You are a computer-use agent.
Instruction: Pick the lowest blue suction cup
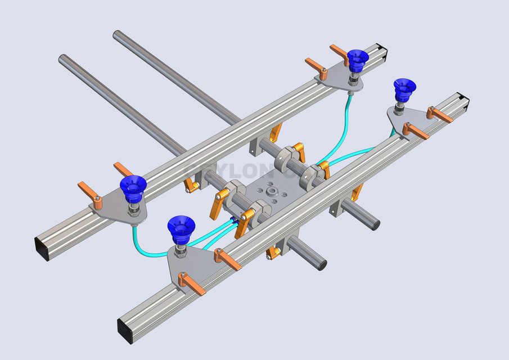point(181,227)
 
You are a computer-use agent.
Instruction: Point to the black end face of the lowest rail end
point(125,331)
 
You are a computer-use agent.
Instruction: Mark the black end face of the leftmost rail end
point(42,249)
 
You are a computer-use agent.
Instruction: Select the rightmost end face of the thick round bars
point(374,222)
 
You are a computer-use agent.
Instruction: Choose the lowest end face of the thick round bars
point(322,263)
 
